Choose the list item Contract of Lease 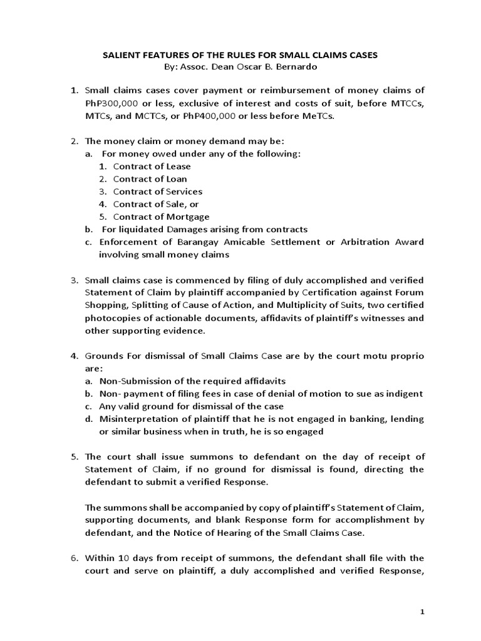[x=152, y=167]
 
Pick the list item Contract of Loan [x=150, y=179]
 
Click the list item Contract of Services [x=158, y=192]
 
